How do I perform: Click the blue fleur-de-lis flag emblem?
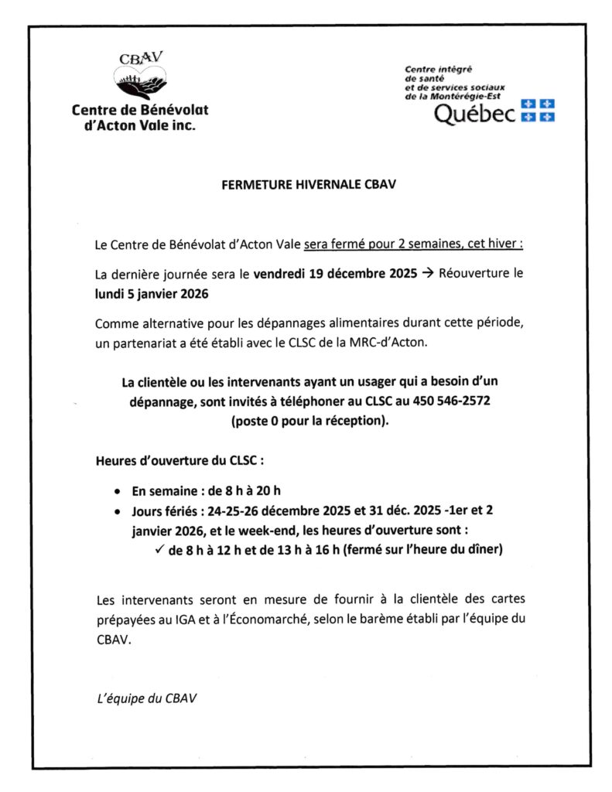click(x=538, y=110)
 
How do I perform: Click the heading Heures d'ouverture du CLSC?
click(x=179, y=461)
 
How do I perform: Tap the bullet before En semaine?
click(x=117, y=491)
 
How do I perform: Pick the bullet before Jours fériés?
click(x=117, y=511)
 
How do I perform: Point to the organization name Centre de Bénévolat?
click(x=140, y=110)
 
